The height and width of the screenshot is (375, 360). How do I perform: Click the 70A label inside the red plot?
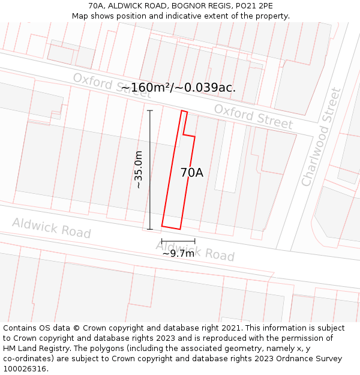pos(191,173)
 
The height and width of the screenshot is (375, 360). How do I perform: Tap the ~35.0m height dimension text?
pos(139,170)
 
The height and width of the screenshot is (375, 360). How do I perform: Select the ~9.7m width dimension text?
pos(178,253)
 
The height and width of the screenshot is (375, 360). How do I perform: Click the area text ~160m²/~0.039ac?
pos(178,88)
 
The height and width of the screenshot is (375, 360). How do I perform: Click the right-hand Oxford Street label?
pos(253,116)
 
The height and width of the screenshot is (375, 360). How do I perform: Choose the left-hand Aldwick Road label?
pos(52,228)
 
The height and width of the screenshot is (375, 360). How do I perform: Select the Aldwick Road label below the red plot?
pos(195,250)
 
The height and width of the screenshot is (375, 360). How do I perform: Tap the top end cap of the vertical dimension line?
pos(150,110)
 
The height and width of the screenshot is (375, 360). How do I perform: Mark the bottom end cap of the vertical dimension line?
pos(150,229)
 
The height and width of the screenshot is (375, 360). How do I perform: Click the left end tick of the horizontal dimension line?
pos(162,241)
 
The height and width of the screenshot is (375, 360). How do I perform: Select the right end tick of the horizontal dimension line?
pos(195,241)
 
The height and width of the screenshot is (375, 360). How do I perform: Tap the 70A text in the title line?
pos(96,6)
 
